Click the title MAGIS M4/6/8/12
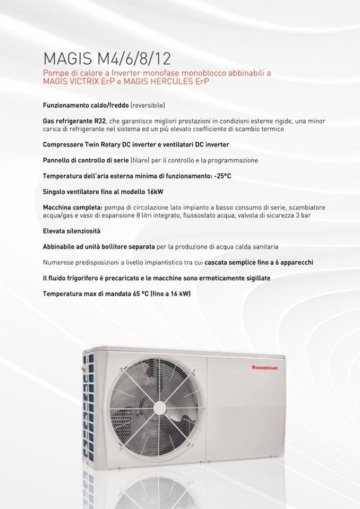(x=93, y=57)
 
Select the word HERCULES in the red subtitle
(x=172, y=82)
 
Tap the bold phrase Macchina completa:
(x=72, y=207)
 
